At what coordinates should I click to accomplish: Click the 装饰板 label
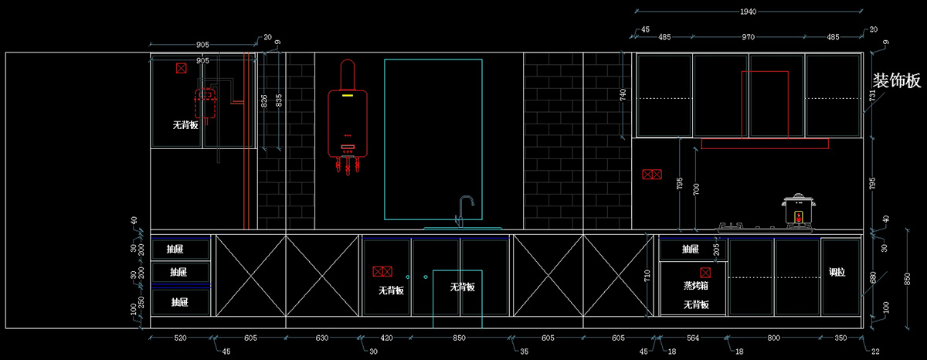897,81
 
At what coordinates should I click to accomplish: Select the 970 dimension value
748,37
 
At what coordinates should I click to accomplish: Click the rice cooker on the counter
799,211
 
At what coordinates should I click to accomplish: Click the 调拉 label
837,272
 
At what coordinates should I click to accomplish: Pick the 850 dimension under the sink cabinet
459,338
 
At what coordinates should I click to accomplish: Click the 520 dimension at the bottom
180,338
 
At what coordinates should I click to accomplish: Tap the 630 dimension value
322,338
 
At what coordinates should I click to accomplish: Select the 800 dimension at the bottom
774,338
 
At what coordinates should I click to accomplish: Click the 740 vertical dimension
623,95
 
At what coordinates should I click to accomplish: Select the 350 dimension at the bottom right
840,338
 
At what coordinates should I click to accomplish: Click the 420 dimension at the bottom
386,338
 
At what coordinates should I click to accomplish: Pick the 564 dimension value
692,338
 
